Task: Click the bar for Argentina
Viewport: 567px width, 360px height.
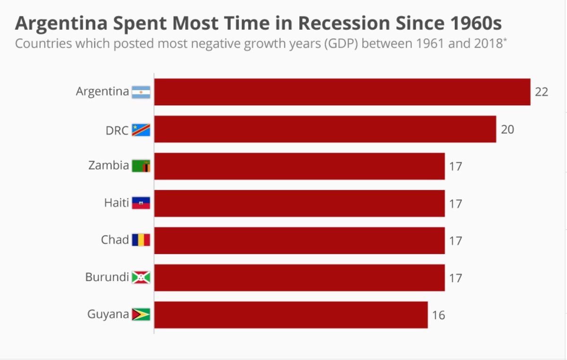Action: pyautogui.click(x=342, y=92)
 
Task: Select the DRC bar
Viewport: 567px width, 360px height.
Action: pyautogui.click(x=325, y=129)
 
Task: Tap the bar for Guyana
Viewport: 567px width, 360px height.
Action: pyautogui.click(x=291, y=315)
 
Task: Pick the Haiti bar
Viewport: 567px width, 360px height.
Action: pyautogui.click(x=299, y=203)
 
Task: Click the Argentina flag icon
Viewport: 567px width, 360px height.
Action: pyautogui.click(x=141, y=92)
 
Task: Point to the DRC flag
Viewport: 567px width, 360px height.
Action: pyautogui.click(x=141, y=129)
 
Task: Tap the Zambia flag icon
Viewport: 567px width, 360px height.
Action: pyautogui.click(x=141, y=166)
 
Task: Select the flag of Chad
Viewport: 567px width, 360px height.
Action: pyautogui.click(x=141, y=240)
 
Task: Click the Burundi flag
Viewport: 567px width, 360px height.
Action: pyautogui.click(x=141, y=277)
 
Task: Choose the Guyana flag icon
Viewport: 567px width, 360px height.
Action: pyautogui.click(x=141, y=314)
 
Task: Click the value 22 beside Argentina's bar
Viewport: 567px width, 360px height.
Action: pyautogui.click(x=541, y=92)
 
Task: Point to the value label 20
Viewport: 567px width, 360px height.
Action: pyautogui.click(x=507, y=129)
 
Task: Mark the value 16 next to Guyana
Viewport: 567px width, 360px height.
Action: pyautogui.click(x=438, y=315)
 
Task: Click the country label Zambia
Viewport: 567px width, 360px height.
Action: pyautogui.click(x=109, y=165)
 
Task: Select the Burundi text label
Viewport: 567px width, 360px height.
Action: pyautogui.click(x=107, y=277)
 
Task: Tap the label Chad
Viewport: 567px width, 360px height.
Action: pyautogui.click(x=115, y=240)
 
